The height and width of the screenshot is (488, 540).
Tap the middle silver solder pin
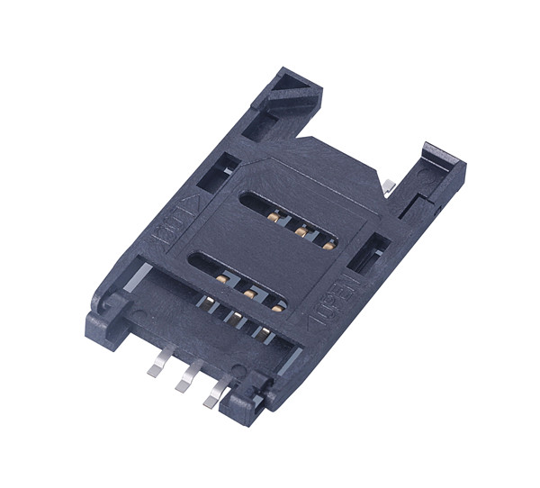pyautogui.click(x=184, y=378)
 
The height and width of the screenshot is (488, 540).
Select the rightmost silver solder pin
pyautogui.click(x=213, y=394)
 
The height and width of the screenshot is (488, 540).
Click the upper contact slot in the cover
pyautogui.click(x=292, y=221)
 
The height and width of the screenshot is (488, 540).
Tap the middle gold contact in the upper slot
pyautogui.click(x=298, y=231)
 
